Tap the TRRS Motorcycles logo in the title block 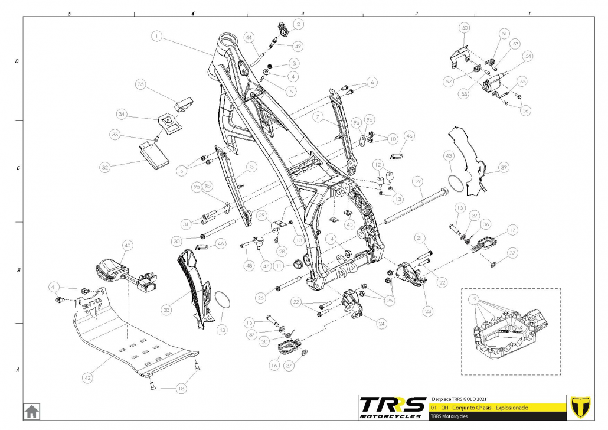click(x=393, y=407)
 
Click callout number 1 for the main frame click(x=156, y=37)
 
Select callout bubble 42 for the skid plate click(x=87, y=376)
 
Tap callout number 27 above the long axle click(x=418, y=181)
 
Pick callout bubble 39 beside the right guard click(x=503, y=167)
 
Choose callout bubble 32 click(x=106, y=167)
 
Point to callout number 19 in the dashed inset click(x=472, y=299)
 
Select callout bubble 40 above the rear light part click(x=127, y=245)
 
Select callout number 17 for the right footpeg click(x=512, y=230)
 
